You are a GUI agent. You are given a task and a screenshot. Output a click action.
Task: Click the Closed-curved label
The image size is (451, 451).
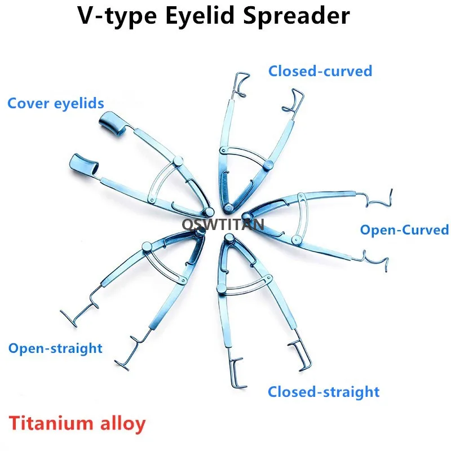(x=320, y=71)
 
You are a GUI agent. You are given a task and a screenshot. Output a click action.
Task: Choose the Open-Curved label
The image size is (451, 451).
(x=404, y=229)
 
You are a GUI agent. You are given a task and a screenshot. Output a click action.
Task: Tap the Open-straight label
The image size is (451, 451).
(x=55, y=348)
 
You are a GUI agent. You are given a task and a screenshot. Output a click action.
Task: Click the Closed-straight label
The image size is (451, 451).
(x=324, y=391)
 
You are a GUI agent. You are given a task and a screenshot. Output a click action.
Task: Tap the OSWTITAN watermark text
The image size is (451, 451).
(x=223, y=225)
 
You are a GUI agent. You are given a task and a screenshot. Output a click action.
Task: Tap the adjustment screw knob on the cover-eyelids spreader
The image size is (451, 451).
(x=179, y=163)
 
